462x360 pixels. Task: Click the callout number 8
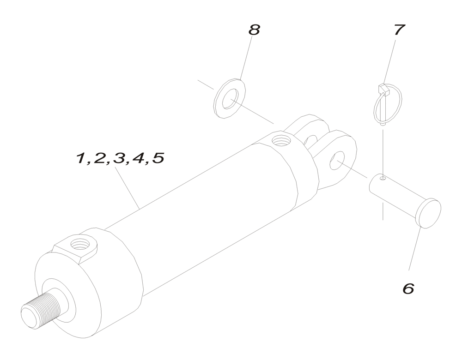pos(254,30)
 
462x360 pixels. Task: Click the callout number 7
pos(399,30)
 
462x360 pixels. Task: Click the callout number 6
pos(408,288)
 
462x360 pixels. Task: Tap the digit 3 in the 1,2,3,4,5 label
pos(119,159)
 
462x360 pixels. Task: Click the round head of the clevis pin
pos(429,213)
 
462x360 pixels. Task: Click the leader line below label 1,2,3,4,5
pos(128,187)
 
